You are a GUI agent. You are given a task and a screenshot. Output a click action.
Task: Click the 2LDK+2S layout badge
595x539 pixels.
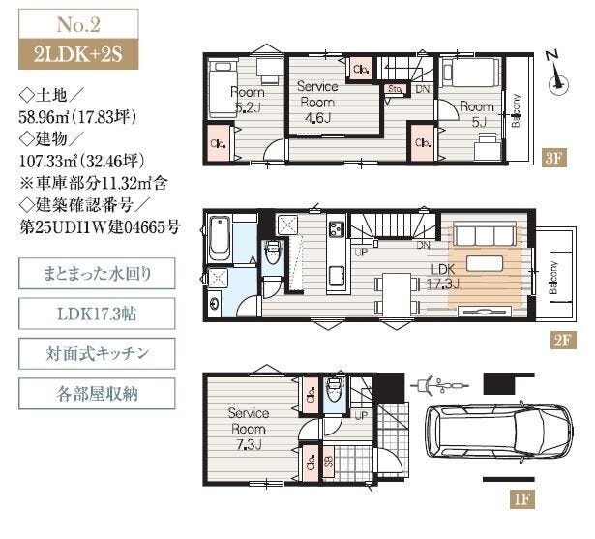click(x=78, y=54)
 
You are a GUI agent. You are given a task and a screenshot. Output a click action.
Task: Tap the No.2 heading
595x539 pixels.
click(x=78, y=24)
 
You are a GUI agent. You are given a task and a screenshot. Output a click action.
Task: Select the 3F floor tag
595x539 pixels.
click(x=553, y=158)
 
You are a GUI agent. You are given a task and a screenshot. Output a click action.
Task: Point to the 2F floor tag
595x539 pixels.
click(x=563, y=340)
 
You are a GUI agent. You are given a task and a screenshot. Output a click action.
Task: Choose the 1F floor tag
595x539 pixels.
click(x=521, y=499)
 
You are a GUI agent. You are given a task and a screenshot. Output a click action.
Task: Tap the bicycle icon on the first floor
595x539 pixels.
click(x=439, y=386)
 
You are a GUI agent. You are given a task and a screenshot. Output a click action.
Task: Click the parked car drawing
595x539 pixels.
click(x=499, y=434)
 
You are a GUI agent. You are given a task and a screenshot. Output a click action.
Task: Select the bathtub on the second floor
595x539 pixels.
click(x=220, y=239)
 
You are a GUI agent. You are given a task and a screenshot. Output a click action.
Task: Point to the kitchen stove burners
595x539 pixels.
click(x=337, y=229)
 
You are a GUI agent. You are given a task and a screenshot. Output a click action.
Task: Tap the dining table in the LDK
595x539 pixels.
click(x=397, y=294)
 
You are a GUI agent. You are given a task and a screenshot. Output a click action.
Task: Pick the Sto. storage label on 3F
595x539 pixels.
click(x=395, y=89)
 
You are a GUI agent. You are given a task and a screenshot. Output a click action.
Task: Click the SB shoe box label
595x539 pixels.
click(x=329, y=462)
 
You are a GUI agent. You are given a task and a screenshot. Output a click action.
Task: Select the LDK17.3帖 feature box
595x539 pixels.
click(x=97, y=314)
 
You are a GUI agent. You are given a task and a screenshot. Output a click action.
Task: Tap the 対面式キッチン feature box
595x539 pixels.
click(x=97, y=353)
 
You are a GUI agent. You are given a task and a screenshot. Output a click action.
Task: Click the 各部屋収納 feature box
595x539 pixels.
click(x=97, y=393)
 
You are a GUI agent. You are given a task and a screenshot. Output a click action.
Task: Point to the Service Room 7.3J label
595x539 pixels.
click(x=249, y=429)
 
